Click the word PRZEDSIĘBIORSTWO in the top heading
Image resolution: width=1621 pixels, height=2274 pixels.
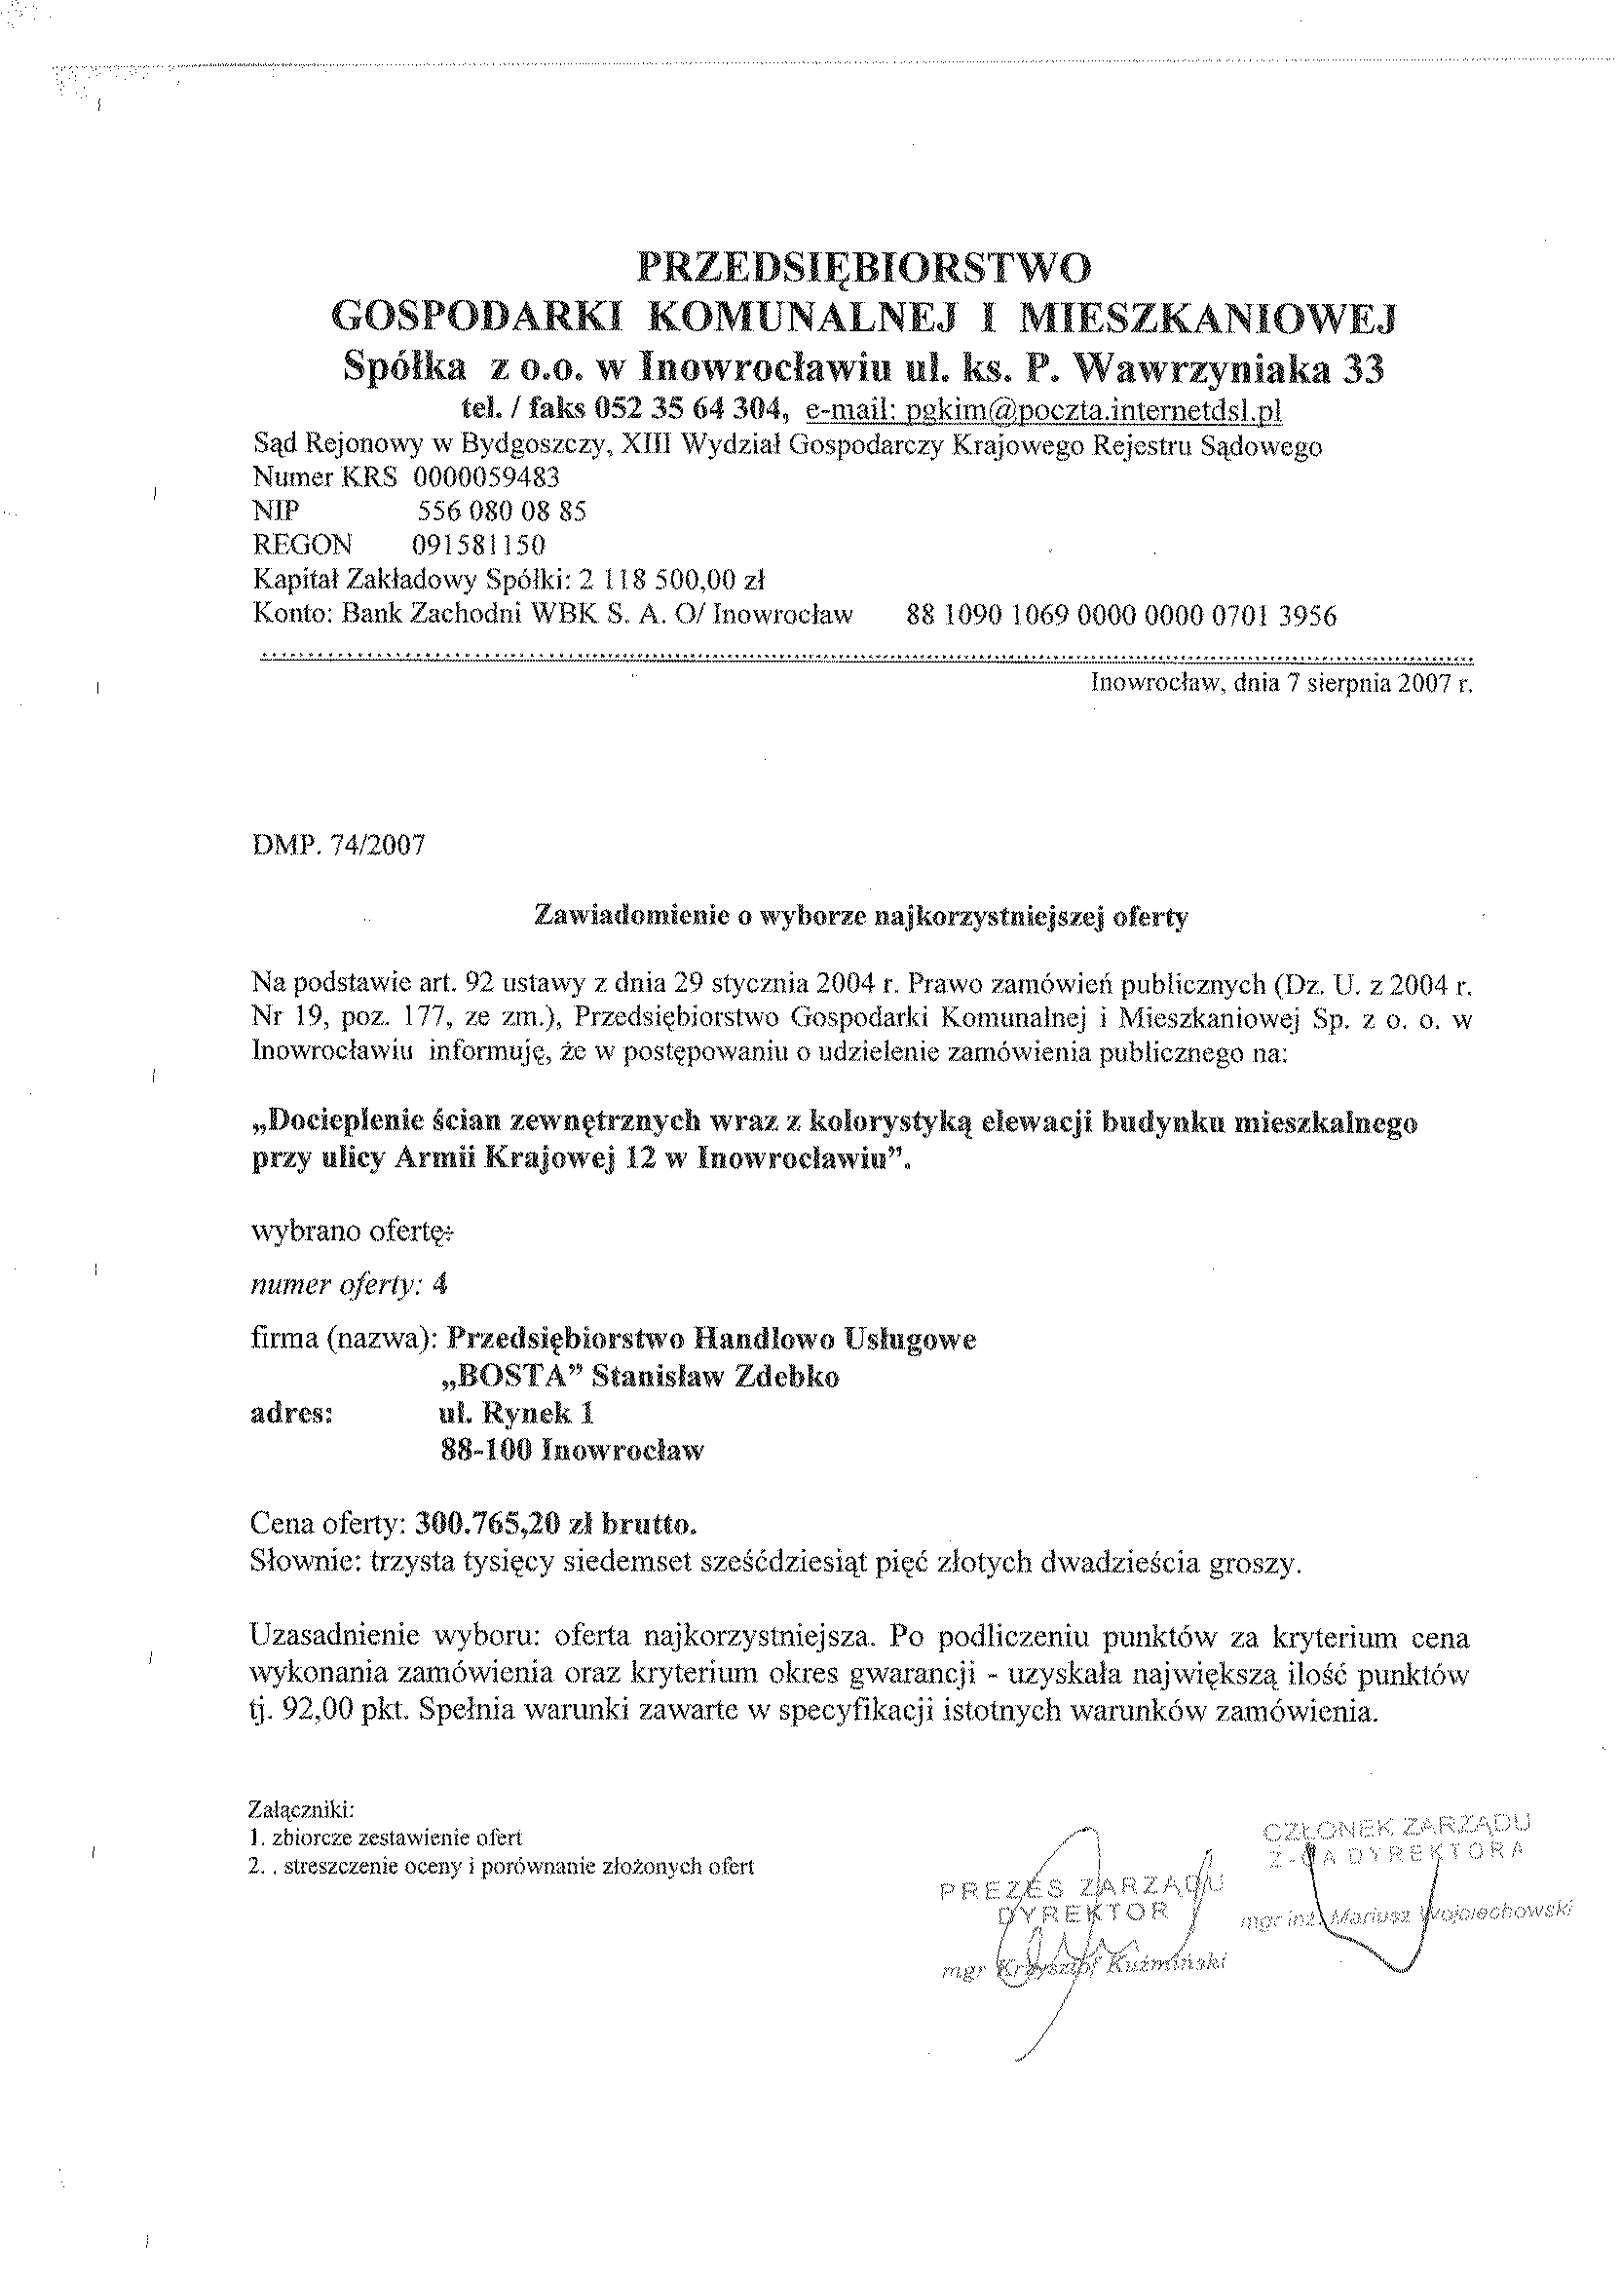(864, 268)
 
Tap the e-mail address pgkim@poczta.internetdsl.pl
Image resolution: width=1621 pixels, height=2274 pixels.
(1043, 410)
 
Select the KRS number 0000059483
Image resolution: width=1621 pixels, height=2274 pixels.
(486, 477)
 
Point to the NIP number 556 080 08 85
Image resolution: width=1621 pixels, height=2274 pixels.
(501, 512)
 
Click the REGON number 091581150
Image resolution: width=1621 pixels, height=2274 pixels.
(478, 545)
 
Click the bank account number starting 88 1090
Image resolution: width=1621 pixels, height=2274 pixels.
(1121, 615)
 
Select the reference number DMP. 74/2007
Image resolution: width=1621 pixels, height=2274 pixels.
(338, 846)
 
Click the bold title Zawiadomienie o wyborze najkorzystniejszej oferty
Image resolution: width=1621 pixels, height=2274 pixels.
(861, 917)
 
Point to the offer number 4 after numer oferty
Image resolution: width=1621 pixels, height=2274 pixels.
(440, 1285)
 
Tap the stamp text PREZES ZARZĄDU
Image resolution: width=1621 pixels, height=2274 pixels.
(1081, 1886)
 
